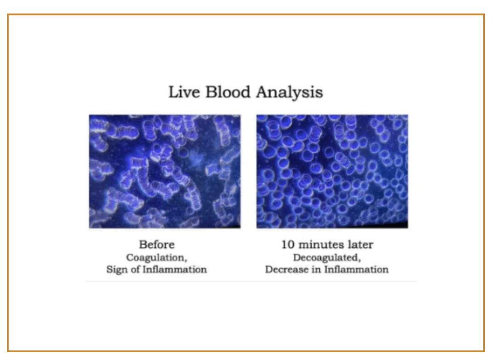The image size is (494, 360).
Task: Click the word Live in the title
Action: tap(184, 92)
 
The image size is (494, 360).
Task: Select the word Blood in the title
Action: tap(228, 92)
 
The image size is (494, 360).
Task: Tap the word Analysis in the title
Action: tap(290, 93)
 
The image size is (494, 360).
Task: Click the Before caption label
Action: tap(157, 245)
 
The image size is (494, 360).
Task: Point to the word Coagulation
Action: tap(157, 258)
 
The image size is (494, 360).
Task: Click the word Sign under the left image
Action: tap(117, 270)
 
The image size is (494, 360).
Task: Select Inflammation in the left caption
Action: tap(175, 269)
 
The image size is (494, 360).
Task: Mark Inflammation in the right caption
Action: tap(356, 269)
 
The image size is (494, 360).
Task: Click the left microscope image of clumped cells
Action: tap(165, 171)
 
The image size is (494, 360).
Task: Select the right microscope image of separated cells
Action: tap(332, 171)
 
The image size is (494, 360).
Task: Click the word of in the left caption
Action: tap(135, 269)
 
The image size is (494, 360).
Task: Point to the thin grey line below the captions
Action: tap(251, 281)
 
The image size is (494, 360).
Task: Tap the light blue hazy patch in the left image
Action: tap(196, 157)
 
